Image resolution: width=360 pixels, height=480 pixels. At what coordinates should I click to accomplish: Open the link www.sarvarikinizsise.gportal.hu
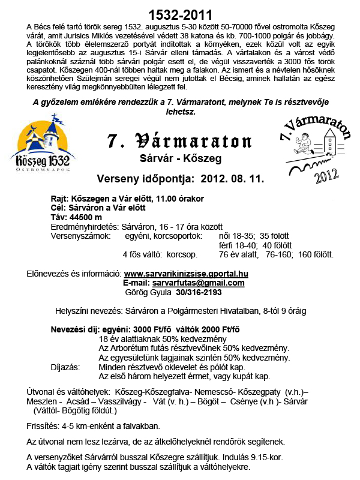click(185, 274)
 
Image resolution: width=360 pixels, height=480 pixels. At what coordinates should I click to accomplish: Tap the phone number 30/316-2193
click(199, 292)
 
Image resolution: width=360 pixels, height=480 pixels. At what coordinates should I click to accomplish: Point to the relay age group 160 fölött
click(316, 254)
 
